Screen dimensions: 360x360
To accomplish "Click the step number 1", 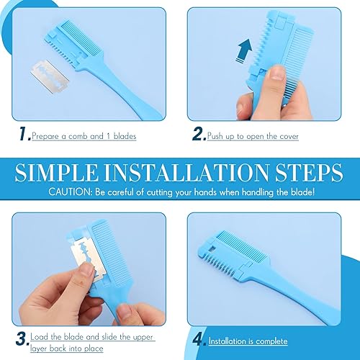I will (x=22, y=133).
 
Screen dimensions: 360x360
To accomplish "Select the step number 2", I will (x=199, y=134).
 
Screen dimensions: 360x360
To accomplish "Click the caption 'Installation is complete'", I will (x=248, y=341).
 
